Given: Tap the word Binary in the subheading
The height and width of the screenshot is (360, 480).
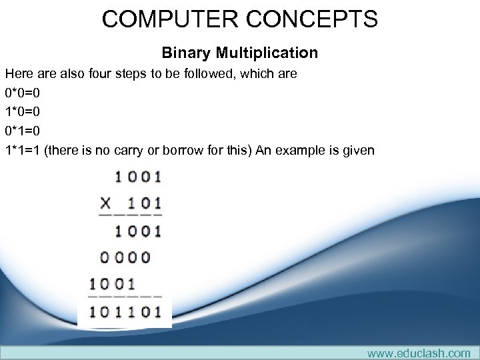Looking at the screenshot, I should point(187,52).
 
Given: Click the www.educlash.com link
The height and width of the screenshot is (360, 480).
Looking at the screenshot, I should point(418,353).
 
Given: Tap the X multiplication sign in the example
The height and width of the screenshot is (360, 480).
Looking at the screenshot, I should point(106,203).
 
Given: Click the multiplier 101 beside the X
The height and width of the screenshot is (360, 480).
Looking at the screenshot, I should point(144,203).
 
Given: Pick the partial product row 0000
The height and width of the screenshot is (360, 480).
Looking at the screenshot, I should point(125,257).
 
